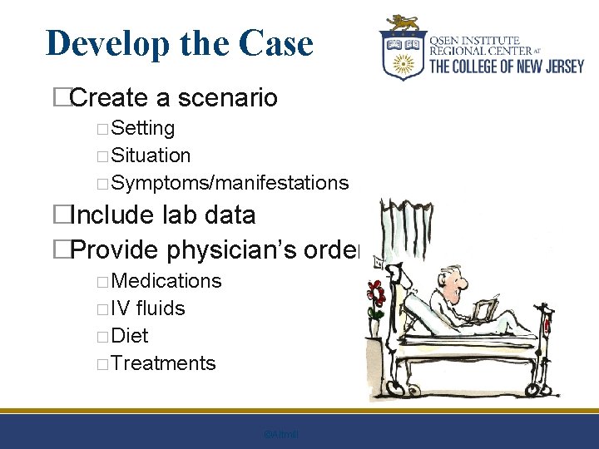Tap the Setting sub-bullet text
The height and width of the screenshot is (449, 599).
(x=142, y=128)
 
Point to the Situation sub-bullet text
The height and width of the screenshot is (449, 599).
(x=151, y=155)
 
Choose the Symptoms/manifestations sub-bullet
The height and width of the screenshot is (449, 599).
(x=229, y=183)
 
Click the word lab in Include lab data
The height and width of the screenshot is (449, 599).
(x=166, y=215)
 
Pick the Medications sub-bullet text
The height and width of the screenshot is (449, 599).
(x=166, y=281)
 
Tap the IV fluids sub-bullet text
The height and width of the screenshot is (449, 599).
(x=147, y=308)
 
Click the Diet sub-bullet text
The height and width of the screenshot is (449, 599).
(x=129, y=336)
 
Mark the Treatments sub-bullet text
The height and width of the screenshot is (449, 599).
(x=162, y=363)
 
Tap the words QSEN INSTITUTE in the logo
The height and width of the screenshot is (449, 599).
(x=474, y=40)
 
